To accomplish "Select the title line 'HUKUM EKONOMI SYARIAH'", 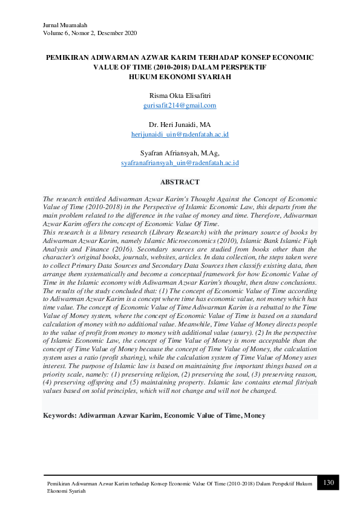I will coord(180,77).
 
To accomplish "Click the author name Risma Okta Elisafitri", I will coord(180,96).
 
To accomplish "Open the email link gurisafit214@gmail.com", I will coord(180,105).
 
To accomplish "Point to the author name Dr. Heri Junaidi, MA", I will coord(180,124).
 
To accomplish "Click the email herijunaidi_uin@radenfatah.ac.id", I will coord(180,134).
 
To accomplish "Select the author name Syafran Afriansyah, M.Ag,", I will coord(180,153).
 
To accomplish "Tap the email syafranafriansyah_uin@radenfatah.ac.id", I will coord(180,163).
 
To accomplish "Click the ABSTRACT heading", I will coord(180,181).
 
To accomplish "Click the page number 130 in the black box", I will coord(329,482).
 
